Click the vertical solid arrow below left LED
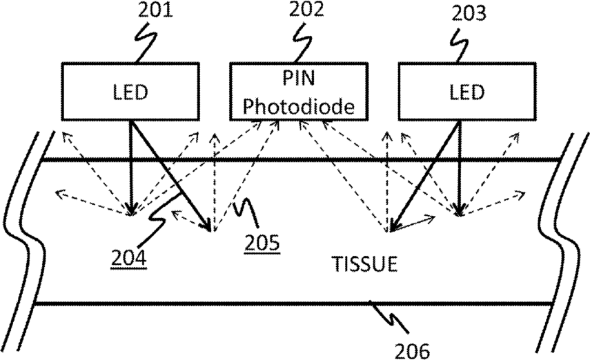click(x=130, y=166)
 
